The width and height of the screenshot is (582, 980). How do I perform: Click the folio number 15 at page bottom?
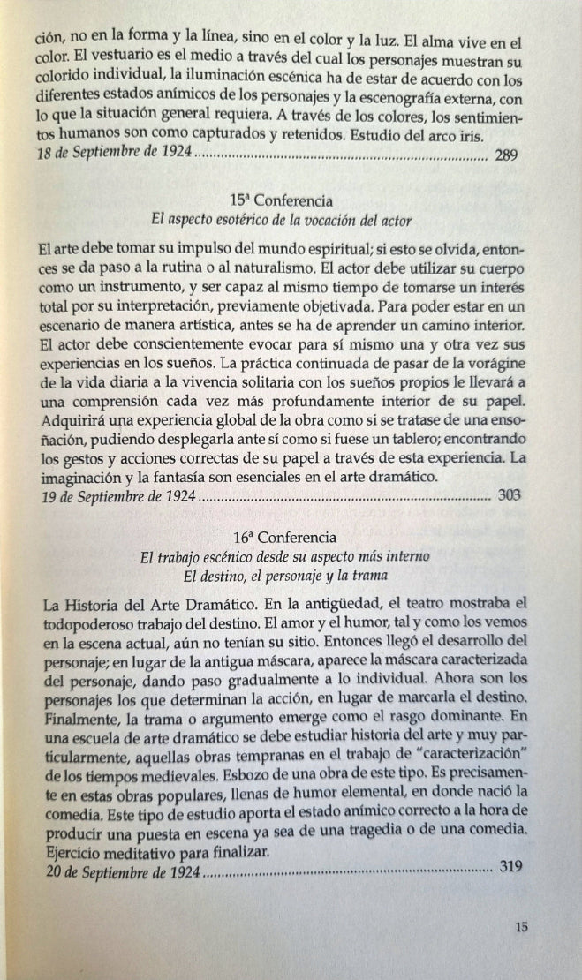coord(520,927)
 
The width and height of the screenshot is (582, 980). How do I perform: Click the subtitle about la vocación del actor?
coord(283,219)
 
